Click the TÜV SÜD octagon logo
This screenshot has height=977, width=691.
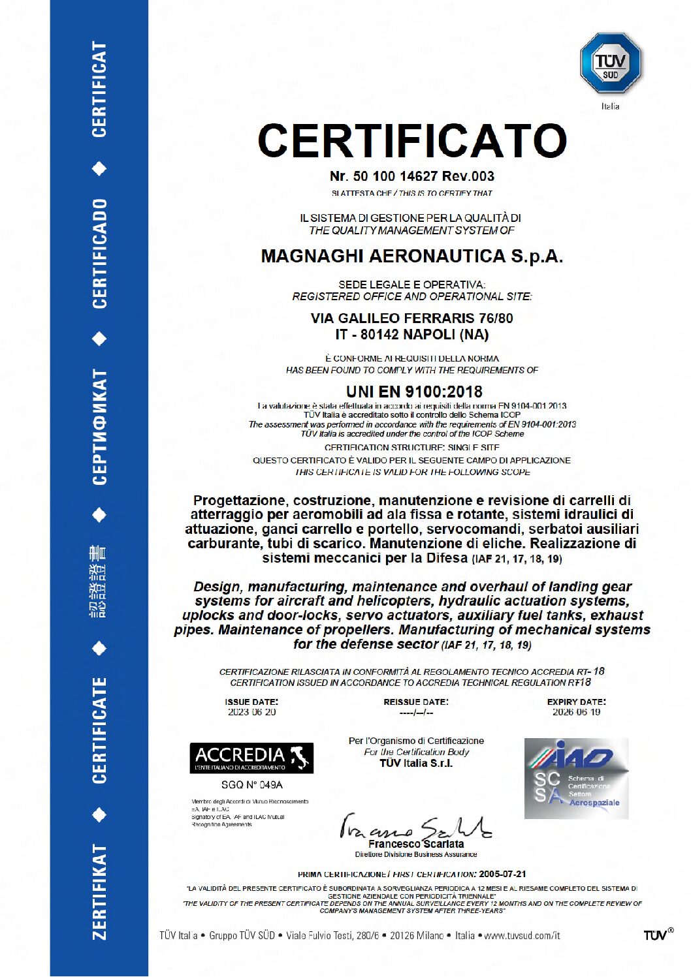tap(610, 63)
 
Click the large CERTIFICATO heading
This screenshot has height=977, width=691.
tap(412, 140)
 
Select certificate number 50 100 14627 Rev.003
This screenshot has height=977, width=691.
tap(412, 176)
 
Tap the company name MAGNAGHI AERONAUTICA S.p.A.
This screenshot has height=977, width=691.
tap(412, 256)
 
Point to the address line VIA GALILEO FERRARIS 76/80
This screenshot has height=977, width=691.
tap(412, 318)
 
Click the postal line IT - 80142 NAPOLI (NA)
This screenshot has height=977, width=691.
tap(412, 335)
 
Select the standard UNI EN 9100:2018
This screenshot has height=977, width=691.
tap(414, 392)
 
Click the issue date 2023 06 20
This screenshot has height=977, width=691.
tap(251, 712)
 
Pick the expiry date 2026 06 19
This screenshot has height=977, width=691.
tap(576, 712)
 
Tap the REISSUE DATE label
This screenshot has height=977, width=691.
tap(416, 702)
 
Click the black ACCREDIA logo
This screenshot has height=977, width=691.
tap(251, 758)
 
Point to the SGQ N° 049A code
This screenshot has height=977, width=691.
tap(251, 784)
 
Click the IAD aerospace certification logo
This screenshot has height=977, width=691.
tap(576, 778)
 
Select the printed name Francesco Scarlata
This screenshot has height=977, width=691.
tap(416, 844)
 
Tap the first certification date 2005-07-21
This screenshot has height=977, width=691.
tap(502, 874)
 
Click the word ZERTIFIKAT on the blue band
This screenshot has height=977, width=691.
tap(99, 892)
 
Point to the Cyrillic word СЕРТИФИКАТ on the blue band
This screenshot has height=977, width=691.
tap(99, 427)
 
